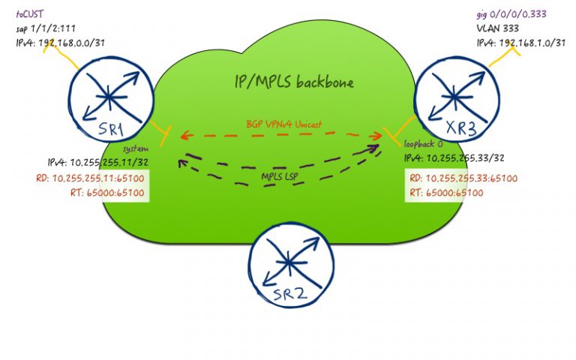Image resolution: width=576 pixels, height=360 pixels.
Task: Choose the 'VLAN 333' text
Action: coord(496,28)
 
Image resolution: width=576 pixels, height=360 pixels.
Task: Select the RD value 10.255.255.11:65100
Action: coord(89,178)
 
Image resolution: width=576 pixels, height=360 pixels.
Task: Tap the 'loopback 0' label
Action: coord(422,144)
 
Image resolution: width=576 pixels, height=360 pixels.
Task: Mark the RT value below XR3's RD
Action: coord(446,193)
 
